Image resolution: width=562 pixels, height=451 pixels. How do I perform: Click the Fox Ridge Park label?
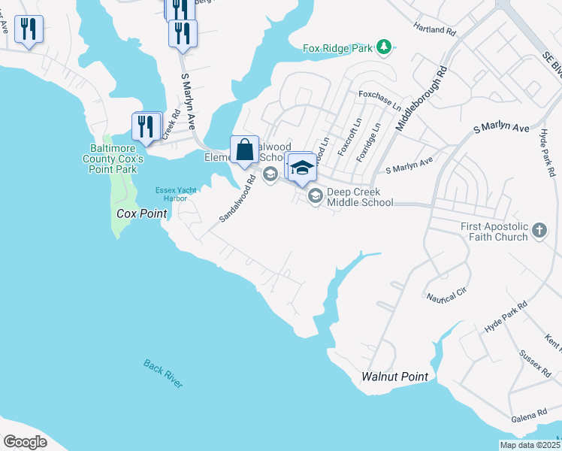(x=337, y=48)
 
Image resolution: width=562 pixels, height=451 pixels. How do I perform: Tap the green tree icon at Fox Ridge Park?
(x=385, y=47)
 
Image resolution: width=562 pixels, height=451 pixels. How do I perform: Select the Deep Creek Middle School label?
(x=359, y=197)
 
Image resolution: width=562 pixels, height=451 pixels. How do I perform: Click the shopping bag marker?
(x=244, y=150)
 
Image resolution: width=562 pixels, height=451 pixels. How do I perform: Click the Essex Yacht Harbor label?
(x=176, y=195)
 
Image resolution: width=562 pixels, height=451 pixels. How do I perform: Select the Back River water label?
(x=163, y=374)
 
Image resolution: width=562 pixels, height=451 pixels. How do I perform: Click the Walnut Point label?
(x=394, y=377)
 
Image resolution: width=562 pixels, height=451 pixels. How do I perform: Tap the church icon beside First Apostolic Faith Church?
(x=539, y=231)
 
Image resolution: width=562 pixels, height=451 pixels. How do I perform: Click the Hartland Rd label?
(x=435, y=30)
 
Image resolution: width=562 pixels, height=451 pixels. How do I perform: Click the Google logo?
(x=25, y=442)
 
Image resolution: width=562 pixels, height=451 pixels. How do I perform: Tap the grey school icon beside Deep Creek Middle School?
(x=316, y=196)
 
